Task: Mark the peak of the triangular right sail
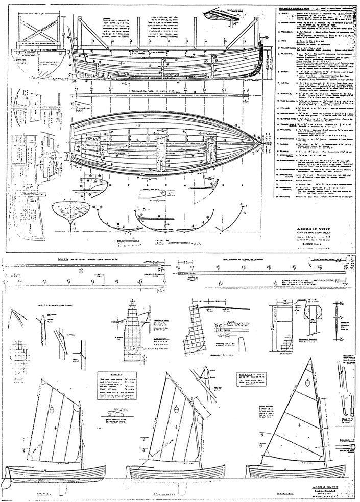[x=311, y=359]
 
